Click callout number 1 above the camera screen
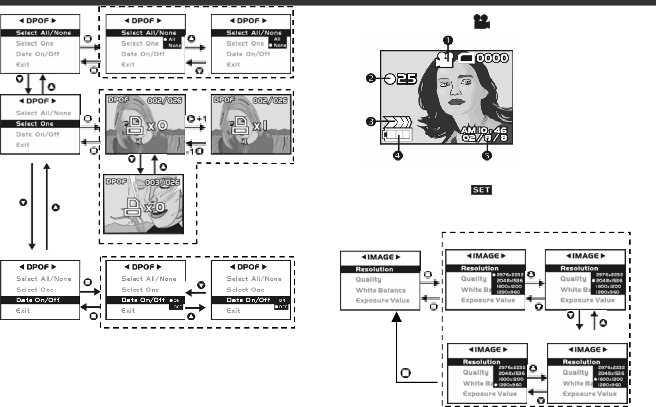click(448, 41)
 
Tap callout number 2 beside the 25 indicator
click(371, 78)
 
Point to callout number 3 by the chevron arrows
click(371, 122)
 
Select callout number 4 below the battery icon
click(397, 156)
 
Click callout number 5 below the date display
click(487, 156)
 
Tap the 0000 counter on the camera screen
click(492, 58)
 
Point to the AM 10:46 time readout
click(484, 130)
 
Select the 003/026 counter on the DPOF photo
click(162, 182)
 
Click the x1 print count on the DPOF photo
click(260, 125)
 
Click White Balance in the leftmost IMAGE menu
click(381, 290)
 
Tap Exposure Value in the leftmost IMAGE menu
click(383, 300)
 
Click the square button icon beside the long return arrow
click(406, 372)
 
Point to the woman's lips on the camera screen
click(455, 102)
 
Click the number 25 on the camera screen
click(407, 79)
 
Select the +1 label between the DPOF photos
click(201, 119)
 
